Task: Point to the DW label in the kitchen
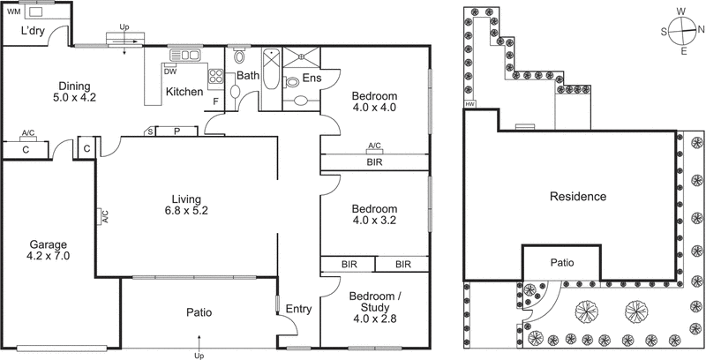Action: tap(171, 71)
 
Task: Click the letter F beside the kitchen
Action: tap(216, 101)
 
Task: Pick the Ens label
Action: tap(312, 79)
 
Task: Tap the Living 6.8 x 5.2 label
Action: tap(184, 204)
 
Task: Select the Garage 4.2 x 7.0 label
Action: tap(49, 250)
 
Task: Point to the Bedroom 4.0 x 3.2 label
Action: tap(374, 214)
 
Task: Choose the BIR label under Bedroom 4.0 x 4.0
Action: tap(374, 162)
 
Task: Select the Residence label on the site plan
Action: tap(577, 196)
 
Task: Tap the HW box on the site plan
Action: tap(469, 106)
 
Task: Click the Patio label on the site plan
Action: tap(562, 262)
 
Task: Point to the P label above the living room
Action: tap(176, 131)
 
